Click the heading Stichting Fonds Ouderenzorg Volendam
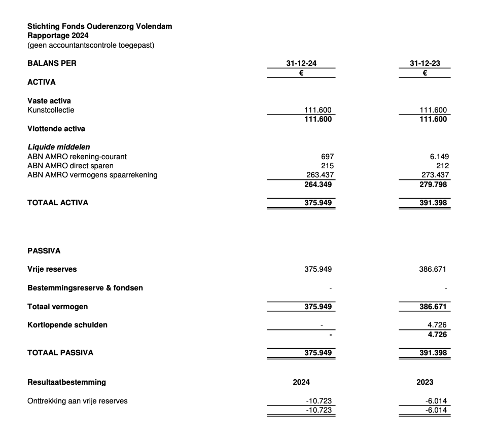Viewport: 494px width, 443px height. tap(99, 26)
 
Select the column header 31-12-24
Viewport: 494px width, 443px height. tap(301, 63)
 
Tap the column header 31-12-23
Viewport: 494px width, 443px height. tap(425, 63)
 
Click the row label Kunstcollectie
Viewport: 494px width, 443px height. tap(51, 110)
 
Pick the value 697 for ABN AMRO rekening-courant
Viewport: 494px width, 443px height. tap(327, 157)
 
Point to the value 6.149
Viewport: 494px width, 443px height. tap(439, 157)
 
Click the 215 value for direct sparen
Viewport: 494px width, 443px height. tap(327, 166)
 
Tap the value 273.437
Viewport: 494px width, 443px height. tap(434, 175)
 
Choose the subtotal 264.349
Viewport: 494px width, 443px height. tap(319, 184)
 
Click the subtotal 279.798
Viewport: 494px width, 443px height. tap(434, 184)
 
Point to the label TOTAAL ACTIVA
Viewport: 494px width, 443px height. tap(58, 203)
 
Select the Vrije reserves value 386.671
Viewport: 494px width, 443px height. tap(433, 269)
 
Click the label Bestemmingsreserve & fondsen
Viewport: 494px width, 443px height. tap(85, 288)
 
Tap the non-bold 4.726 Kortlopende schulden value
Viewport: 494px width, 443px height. tap(438, 325)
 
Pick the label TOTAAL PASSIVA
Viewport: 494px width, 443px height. tap(60, 353)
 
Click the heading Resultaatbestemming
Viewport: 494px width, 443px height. tap(66, 382)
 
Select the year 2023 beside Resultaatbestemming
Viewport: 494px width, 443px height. tap(425, 382)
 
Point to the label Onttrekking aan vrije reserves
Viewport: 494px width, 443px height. tap(78, 401)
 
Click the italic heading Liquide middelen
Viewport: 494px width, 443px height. tap(59, 147)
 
